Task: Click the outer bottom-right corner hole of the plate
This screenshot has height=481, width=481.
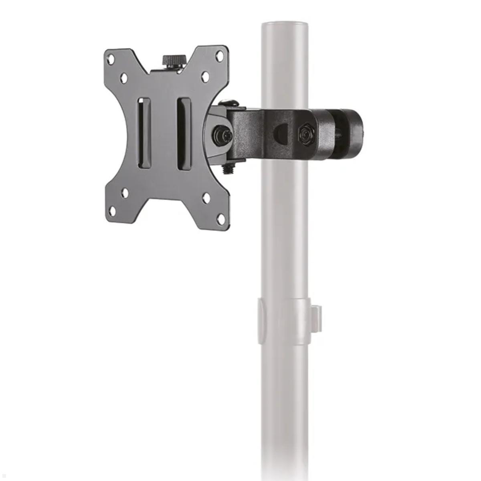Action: (221, 219)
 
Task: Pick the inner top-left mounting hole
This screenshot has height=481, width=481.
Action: (124, 77)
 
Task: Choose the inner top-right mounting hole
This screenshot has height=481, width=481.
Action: (205, 75)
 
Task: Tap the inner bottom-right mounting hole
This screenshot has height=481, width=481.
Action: (206, 198)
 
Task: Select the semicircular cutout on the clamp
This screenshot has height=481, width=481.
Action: (280, 134)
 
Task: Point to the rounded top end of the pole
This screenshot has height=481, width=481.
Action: (285, 26)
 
